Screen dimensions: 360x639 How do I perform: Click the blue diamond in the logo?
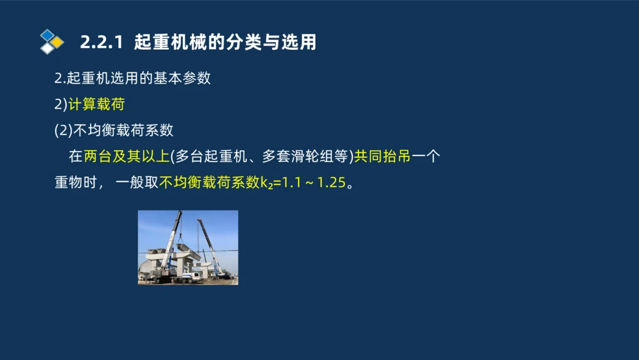(47, 35)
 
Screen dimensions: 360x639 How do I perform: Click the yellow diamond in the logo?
(58, 42)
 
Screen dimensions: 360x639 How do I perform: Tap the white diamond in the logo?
(47, 49)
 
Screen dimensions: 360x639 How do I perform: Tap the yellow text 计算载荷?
(96, 105)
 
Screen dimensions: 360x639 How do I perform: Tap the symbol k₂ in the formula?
(266, 184)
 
